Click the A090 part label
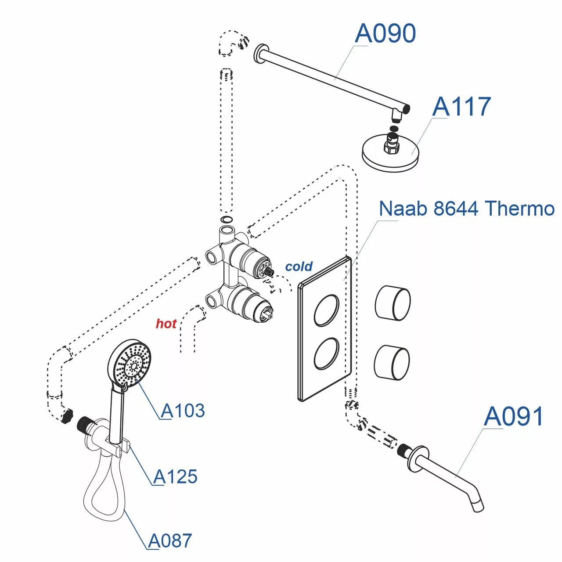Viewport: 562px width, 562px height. click(385, 33)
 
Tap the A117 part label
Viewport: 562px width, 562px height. click(461, 107)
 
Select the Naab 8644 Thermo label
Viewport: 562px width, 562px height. click(466, 208)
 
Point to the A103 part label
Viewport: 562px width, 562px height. click(183, 411)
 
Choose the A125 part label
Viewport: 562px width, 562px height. click(176, 477)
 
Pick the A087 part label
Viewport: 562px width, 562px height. click(170, 541)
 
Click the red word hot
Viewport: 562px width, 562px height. click(166, 324)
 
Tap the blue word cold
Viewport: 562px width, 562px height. click(299, 267)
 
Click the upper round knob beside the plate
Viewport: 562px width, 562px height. click(393, 303)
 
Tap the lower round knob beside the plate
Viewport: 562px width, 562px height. click(392, 362)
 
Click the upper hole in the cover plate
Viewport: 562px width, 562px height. click(326, 310)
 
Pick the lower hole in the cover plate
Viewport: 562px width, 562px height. click(326, 353)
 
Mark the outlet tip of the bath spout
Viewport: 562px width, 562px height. click(477, 507)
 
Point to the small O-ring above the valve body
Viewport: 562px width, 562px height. click(227, 220)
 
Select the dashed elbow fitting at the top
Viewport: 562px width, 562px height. click(233, 43)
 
